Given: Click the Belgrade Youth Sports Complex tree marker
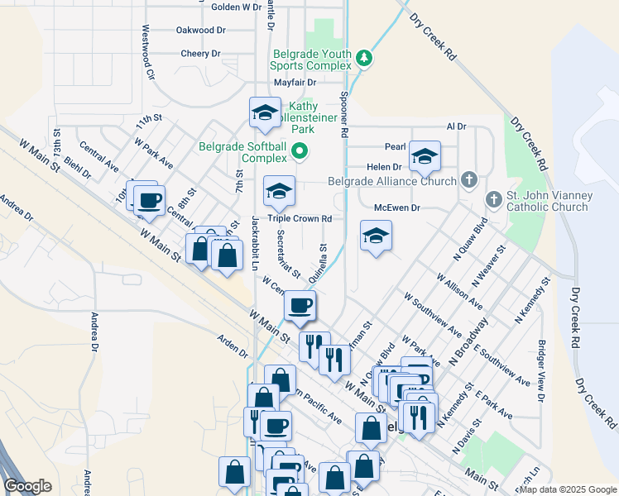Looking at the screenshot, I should (x=364, y=59).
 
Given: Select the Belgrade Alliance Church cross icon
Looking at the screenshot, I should (x=469, y=179).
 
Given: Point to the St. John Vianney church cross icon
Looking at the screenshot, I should (x=494, y=199).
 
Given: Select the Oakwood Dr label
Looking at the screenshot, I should (x=200, y=30).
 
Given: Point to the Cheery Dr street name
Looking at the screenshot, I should (x=201, y=54).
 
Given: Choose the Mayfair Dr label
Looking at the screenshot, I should (x=295, y=83).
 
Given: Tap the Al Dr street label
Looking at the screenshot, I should (x=456, y=126).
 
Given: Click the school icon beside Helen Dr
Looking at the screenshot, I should (x=425, y=155).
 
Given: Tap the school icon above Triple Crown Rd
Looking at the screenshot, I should (x=280, y=191).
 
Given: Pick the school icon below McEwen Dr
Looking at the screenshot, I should (x=376, y=236).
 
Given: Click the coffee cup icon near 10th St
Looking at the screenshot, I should (x=149, y=201).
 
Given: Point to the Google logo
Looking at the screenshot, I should (x=28, y=486).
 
